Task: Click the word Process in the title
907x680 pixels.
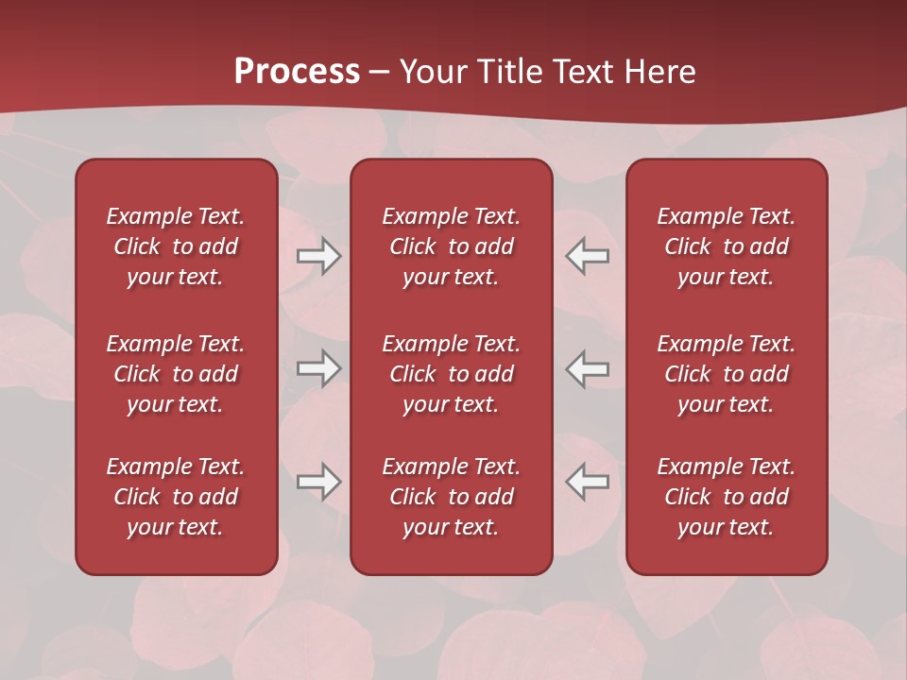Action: [x=297, y=72]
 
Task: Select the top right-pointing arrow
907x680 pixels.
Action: [x=319, y=256]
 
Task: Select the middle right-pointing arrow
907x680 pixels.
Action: [x=319, y=368]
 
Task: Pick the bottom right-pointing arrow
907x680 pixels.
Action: [x=319, y=482]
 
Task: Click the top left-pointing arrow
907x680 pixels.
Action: [x=587, y=256]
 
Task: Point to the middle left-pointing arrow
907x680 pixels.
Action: [x=587, y=368]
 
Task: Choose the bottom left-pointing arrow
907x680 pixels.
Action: [x=587, y=482]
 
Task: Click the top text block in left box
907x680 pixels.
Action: [x=176, y=246]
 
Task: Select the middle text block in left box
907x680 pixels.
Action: [x=176, y=374]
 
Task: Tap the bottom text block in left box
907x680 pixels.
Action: [x=176, y=497]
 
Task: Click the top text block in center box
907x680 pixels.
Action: [x=451, y=246]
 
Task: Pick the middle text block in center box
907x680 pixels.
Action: [x=451, y=374]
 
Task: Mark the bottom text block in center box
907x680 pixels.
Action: [x=451, y=497]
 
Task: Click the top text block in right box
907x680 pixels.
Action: [x=726, y=246]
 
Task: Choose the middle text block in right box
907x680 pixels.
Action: [x=726, y=374]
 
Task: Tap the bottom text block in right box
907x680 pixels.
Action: [x=726, y=497]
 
